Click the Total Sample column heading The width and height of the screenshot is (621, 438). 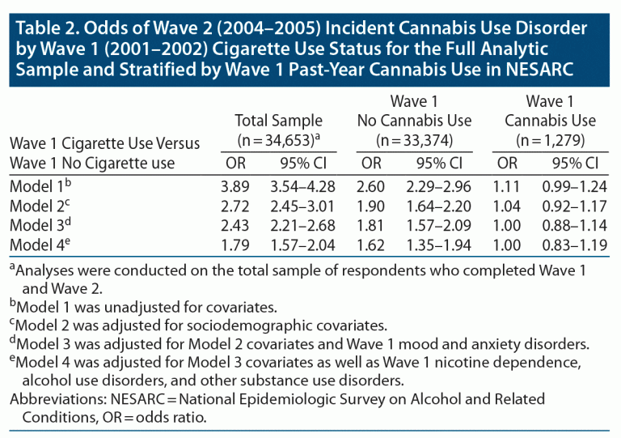278,121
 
